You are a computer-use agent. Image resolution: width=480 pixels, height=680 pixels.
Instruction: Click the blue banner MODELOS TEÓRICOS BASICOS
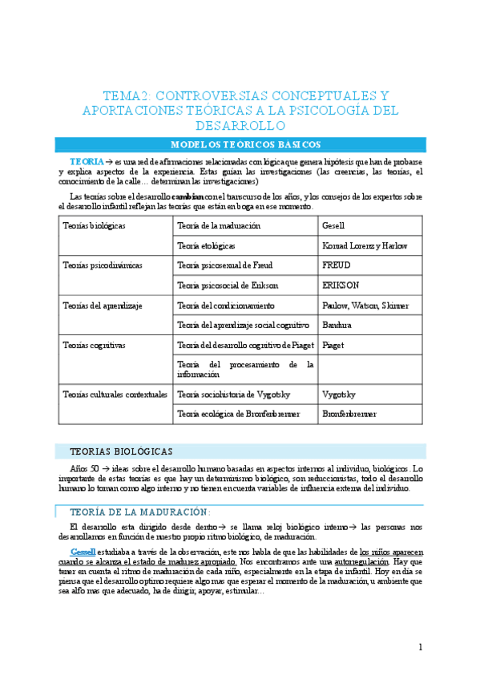(240, 144)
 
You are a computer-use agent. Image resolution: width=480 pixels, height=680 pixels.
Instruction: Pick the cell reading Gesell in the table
(333, 225)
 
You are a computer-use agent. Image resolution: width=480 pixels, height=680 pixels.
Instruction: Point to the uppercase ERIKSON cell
(341, 284)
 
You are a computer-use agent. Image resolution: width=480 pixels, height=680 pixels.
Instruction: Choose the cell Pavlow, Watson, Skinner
(365, 306)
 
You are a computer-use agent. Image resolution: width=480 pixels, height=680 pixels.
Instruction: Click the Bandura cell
(336, 326)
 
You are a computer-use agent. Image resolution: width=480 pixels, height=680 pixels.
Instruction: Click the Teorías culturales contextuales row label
(115, 395)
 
